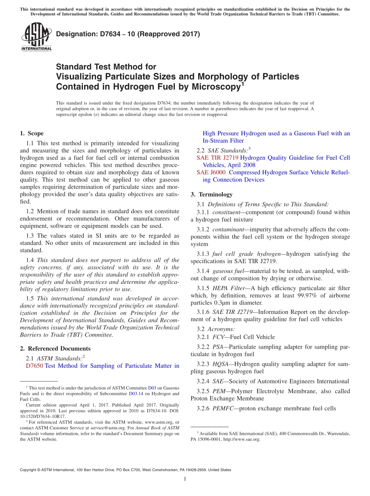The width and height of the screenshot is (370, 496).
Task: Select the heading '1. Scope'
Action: tap(32, 133)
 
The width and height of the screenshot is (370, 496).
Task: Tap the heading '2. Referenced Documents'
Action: tap(55, 349)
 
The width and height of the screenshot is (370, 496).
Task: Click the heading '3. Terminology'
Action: tap(211, 194)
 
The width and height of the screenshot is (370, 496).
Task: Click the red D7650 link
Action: tap(34, 366)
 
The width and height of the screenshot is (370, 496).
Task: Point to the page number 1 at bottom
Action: tap(185, 479)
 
